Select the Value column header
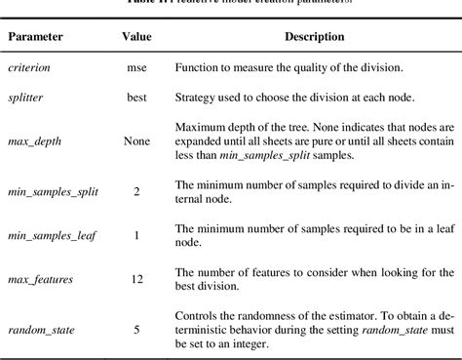pos(136,36)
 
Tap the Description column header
pos(314,36)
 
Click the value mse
pos(136,70)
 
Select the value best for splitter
pos(136,100)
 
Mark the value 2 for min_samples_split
pos(136,191)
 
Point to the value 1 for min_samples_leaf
pos(136,235)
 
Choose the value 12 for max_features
pos(136,280)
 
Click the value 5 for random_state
pos(136,329)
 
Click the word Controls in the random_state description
pos(197,315)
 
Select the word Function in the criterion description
pos(197,70)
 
